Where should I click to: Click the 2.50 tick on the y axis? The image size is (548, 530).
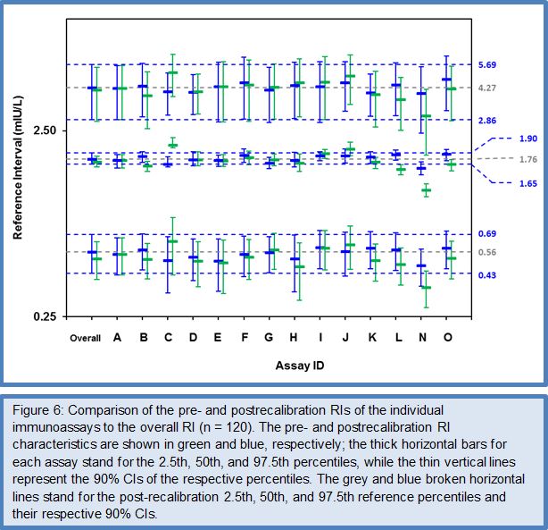click(44, 131)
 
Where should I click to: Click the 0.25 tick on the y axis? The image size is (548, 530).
click(44, 317)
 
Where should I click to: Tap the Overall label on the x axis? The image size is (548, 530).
click(85, 338)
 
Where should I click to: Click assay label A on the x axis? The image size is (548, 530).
click(117, 338)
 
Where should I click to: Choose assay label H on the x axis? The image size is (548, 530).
click(295, 338)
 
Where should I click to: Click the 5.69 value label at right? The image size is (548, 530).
click(486, 65)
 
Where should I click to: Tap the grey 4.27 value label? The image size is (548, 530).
click(486, 88)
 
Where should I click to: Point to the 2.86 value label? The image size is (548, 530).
click(486, 120)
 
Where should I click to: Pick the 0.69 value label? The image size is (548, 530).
click(486, 234)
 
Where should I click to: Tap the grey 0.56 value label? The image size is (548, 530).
click(486, 253)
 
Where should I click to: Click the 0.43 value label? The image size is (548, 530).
click(486, 274)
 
